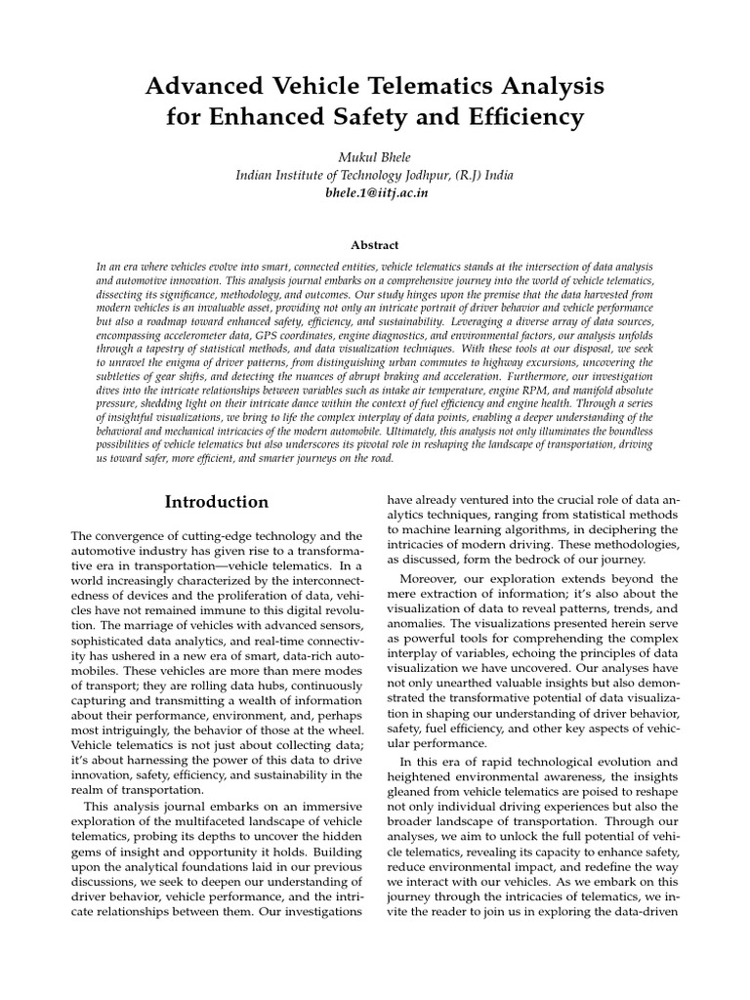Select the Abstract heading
click(x=374, y=246)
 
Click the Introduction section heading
click(x=216, y=502)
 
